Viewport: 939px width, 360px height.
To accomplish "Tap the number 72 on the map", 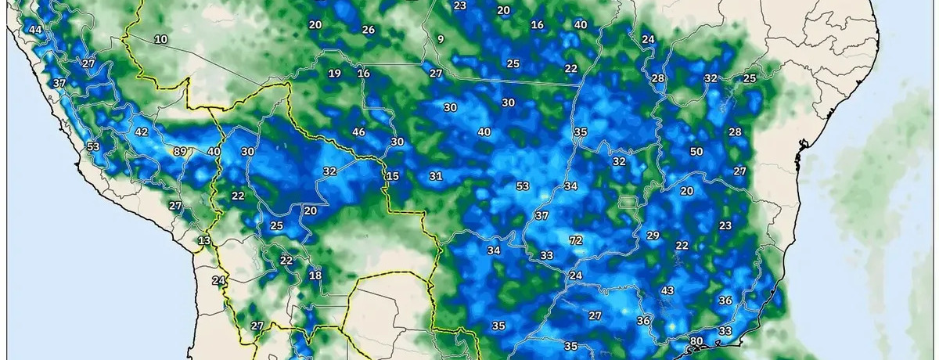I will pyautogui.click(x=576, y=240).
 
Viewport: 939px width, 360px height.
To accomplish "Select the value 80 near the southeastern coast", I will pyautogui.click(x=695, y=341).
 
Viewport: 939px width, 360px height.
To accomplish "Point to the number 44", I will pyautogui.click(x=34, y=30).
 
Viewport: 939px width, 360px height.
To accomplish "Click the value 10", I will pyautogui.click(x=161, y=39).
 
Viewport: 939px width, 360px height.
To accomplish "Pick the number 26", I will pyautogui.click(x=369, y=30).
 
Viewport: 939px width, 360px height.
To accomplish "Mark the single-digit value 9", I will pyautogui.click(x=441, y=39).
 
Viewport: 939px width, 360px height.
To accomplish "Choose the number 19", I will pyautogui.click(x=334, y=74).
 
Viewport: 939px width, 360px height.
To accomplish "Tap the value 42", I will pyautogui.click(x=142, y=132).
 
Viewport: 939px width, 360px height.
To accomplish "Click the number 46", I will pyautogui.click(x=359, y=131).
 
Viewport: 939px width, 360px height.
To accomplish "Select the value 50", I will pyautogui.click(x=696, y=151).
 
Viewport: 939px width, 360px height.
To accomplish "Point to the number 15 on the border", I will pyautogui.click(x=392, y=176).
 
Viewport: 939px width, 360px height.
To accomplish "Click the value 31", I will pyautogui.click(x=436, y=176).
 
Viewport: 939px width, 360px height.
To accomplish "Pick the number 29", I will pyautogui.click(x=653, y=236).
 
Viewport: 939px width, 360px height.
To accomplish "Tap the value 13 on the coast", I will pyautogui.click(x=204, y=240).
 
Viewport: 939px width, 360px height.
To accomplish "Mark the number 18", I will pyautogui.click(x=315, y=275).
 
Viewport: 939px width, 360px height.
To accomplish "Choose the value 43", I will pyautogui.click(x=667, y=290).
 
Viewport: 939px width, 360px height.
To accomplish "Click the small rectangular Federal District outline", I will pyautogui.click(x=626, y=202).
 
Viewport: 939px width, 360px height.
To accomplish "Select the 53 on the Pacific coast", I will pyautogui.click(x=93, y=146).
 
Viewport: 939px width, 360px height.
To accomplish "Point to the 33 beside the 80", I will pyautogui.click(x=725, y=331).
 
